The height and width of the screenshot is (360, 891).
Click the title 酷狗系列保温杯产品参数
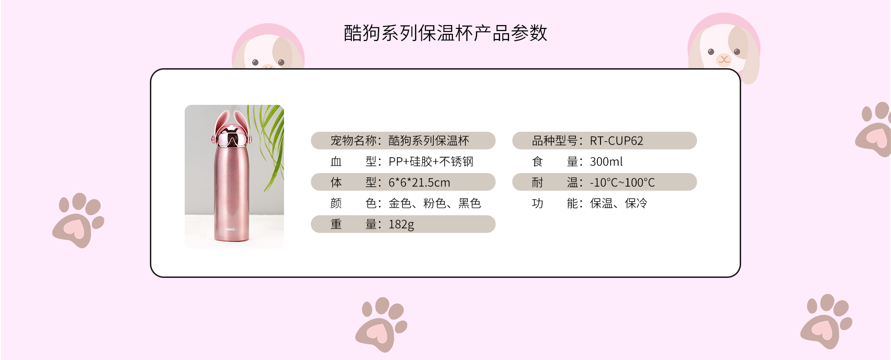445,33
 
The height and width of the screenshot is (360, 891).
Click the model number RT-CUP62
616,141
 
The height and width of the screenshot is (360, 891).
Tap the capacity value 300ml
606,161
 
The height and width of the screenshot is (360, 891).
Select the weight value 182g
401,225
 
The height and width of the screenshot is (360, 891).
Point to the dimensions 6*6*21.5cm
419,182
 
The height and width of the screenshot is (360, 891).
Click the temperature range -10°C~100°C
622,182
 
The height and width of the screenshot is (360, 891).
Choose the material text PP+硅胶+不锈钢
431,161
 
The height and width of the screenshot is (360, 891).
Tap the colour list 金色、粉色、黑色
434,203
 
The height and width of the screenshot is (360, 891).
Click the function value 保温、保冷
619,203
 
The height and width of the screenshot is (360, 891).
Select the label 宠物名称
353,141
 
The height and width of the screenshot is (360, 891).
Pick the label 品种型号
554,141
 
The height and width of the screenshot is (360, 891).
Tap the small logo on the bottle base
231,229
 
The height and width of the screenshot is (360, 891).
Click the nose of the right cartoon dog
723,59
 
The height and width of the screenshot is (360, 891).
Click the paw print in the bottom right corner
826,321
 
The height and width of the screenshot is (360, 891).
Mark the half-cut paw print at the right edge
874,129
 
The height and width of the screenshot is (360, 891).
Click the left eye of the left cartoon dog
255,62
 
